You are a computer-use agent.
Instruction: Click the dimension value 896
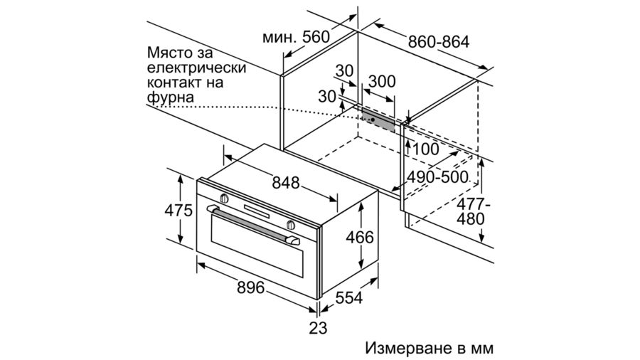click(x=250, y=287)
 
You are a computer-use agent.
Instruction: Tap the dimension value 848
click(x=285, y=182)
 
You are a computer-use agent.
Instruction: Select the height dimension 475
click(x=179, y=211)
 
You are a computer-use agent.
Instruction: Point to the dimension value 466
click(x=360, y=237)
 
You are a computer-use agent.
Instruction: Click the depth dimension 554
click(x=348, y=299)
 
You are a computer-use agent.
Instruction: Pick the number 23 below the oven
click(x=318, y=328)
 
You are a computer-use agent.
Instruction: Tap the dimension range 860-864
click(x=438, y=41)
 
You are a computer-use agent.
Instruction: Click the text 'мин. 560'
click(x=296, y=36)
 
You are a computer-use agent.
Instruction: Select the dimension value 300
click(x=382, y=81)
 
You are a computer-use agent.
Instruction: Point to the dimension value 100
click(x=426, y=149)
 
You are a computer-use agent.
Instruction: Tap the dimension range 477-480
click(x=470, y=211)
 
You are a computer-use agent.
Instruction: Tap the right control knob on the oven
click(x=291, y=225)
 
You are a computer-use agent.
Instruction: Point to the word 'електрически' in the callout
click(x=197, y=68)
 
